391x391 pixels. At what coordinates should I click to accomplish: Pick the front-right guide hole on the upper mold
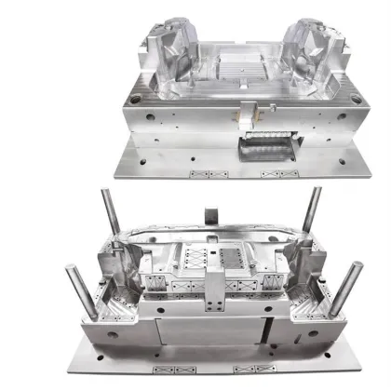(343, 116)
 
